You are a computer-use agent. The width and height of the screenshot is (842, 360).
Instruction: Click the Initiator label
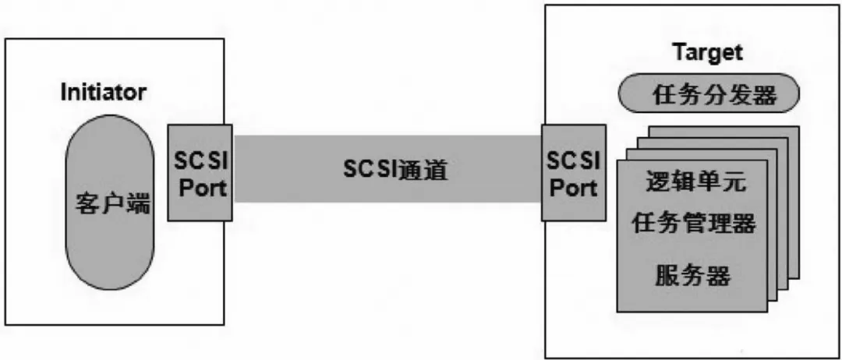[103, 92]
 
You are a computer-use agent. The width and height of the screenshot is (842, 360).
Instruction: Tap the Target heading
[707, 53]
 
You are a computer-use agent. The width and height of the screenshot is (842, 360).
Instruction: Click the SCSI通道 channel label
[395, 170]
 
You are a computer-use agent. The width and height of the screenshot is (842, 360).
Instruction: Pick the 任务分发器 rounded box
[709, 96]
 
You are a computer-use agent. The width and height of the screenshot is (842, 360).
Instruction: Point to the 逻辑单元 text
[695, 184]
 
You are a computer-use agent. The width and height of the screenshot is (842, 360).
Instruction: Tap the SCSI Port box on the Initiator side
[200, 173]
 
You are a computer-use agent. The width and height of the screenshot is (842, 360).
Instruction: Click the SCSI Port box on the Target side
[574, 173]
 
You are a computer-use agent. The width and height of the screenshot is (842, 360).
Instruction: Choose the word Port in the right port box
[574, 187]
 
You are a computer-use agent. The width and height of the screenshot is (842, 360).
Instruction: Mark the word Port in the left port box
[200, 187]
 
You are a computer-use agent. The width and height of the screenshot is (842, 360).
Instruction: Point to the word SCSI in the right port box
[574, 161]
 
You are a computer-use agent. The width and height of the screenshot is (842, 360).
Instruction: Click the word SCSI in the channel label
[370, 170]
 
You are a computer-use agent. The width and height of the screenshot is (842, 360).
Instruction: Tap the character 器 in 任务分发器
[765, 97]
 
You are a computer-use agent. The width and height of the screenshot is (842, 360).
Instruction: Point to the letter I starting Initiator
[65, 92]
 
